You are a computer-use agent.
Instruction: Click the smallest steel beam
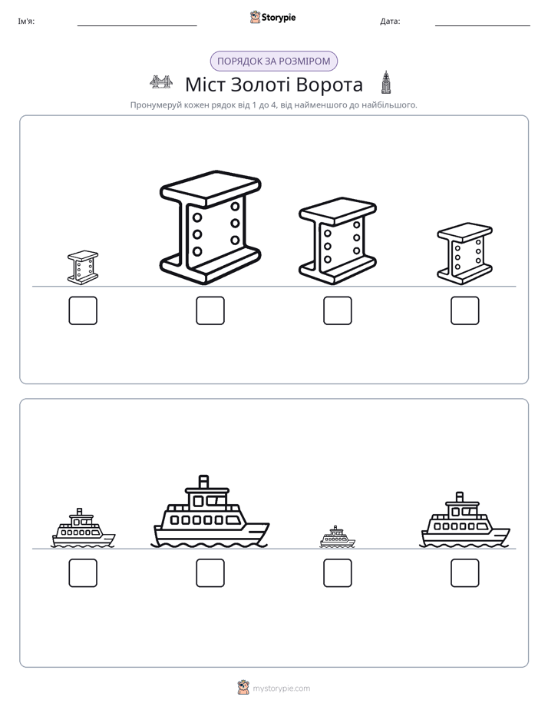point(83,267)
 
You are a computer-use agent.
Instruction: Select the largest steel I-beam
point(210,227)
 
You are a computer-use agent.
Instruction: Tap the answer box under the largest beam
point(210,310)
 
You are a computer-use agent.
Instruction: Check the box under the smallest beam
point(83,310)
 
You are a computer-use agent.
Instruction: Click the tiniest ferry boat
point(337,537)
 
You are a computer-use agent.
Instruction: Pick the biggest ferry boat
point(210,512)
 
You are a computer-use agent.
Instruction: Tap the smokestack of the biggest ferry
point(204,482)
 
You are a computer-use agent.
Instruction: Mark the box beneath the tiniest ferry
point(337,572)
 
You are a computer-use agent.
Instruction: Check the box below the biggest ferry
point(210,572)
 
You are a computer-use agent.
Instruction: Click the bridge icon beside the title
point(161,82)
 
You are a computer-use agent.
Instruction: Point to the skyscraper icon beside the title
point(386,82)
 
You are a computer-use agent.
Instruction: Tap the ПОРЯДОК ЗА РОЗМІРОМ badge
point(274,61)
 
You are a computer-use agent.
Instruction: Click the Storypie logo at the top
point(272,18)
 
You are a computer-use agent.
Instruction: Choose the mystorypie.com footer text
point(281,688)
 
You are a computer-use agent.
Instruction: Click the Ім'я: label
point(26,22)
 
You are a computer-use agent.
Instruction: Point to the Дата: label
point(390,22)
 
